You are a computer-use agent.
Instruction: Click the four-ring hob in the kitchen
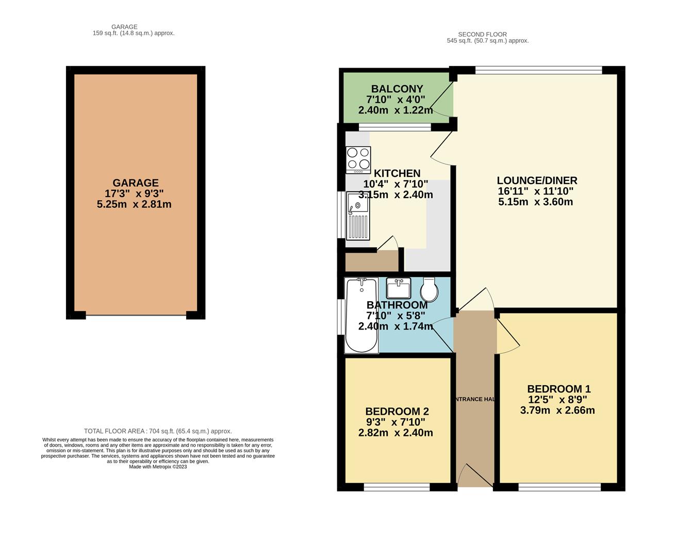(x=358, y=159)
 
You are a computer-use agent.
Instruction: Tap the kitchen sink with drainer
(x=358, y=216)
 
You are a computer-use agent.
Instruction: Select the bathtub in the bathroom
(x=361, y=315)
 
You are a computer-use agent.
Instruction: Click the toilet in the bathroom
(x=429, y=290)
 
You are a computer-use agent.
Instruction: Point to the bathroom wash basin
(x=398, y=288)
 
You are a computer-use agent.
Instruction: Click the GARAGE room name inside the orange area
(x=136, y=183)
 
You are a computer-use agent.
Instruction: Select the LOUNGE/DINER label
(x=537, y=181)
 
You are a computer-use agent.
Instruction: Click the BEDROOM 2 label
(x=397, y=412)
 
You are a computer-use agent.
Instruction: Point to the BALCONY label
(x=397, y=89)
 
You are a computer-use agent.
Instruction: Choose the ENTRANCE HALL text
(x=474, y=399)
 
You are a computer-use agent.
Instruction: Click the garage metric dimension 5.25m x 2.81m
(x=134, y=205)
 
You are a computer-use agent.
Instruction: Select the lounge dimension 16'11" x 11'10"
(x=535, y=191)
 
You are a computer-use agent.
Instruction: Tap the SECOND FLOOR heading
(x=482, y=35)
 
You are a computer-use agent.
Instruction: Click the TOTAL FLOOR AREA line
(x=158, y=431)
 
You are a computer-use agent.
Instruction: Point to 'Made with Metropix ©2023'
(x=158, y=467)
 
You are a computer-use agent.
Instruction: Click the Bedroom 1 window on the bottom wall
(x=560, y=487)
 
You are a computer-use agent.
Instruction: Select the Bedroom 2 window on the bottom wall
(x=397, y=487)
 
